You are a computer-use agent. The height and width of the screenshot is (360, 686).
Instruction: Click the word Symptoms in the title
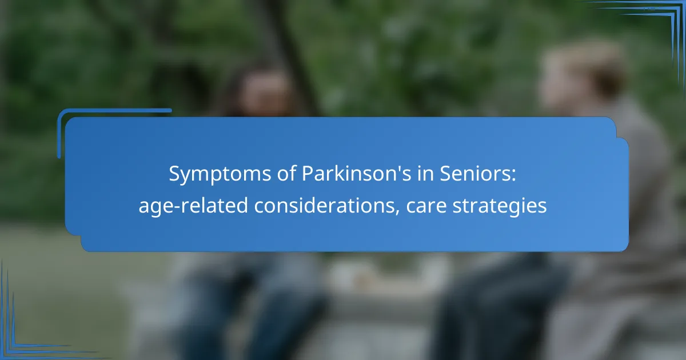click(x=220, y=174)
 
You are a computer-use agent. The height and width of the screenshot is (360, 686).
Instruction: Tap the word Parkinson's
click(x=357, y=173)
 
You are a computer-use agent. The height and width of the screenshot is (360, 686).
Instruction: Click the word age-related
click(x=193, y=206)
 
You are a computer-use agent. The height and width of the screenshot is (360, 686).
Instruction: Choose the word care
click(x=426, y=206)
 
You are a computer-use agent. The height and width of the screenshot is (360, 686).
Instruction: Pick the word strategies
click(x=500, y=206)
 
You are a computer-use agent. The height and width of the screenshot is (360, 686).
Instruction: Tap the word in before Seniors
click(x=425, y=174)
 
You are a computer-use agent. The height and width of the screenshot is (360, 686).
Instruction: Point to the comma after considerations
click(x=397, y=212)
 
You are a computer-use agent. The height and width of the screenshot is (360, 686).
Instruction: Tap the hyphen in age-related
click(x=177, y=207)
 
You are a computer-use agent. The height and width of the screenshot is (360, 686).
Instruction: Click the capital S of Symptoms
click(x=174, y=174)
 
